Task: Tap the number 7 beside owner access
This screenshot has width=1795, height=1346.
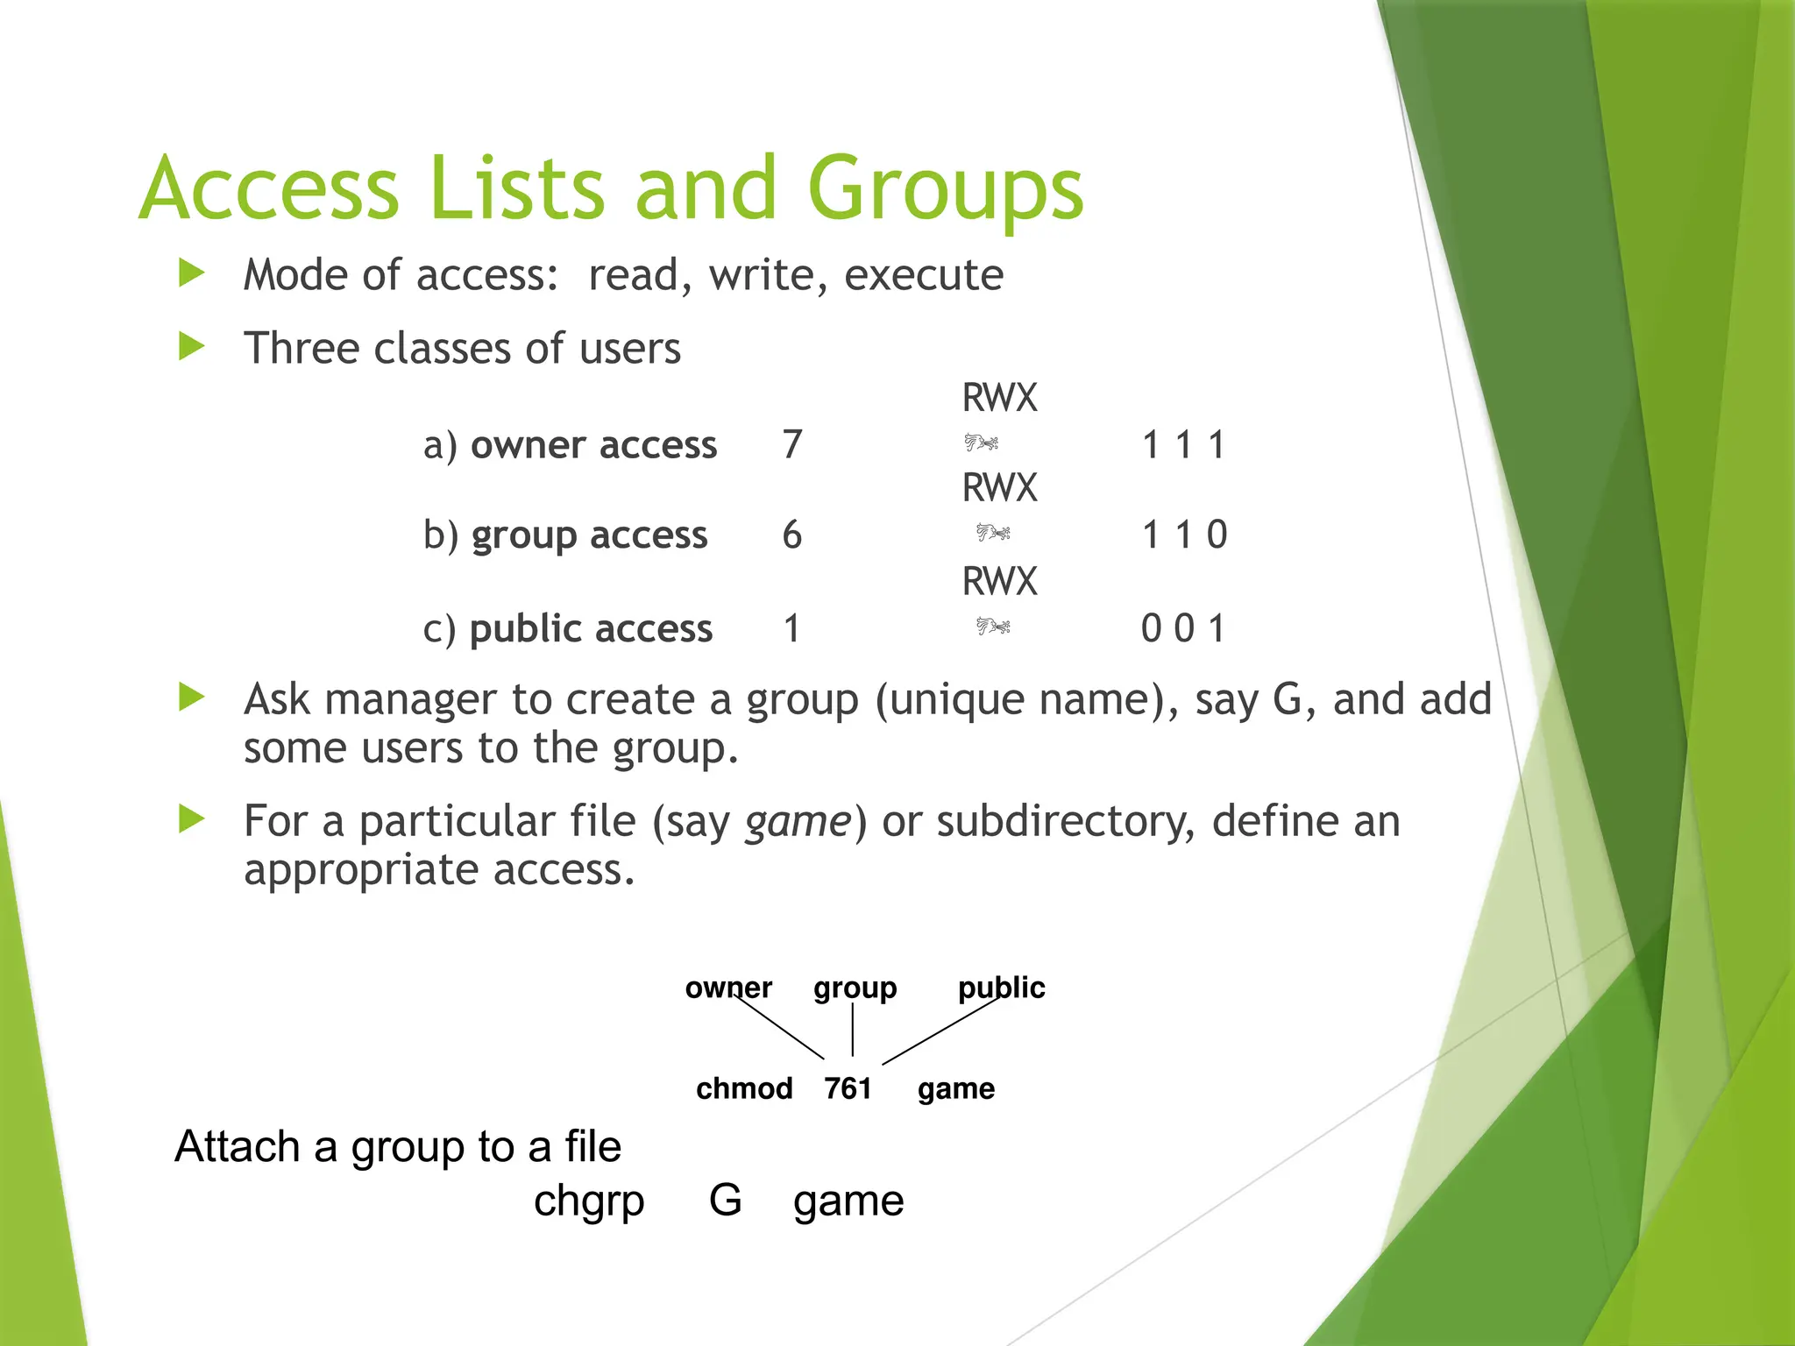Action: [792, 444]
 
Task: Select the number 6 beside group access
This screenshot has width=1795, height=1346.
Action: [792, 535]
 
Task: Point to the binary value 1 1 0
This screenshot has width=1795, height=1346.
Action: [1184, 535]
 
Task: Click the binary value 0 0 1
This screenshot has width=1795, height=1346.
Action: [1182, 628]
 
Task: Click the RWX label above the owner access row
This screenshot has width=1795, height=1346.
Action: [999, 398]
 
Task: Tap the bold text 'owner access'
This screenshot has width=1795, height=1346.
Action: [593, 445]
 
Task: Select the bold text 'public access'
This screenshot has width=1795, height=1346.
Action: [591, 629]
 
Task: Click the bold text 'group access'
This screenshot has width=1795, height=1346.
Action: [589, 535]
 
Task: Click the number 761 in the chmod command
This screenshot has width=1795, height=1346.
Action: [848, 1088]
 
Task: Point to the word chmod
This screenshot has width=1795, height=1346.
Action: [744, 1088]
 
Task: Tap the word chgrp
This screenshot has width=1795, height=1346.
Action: [589, 1201]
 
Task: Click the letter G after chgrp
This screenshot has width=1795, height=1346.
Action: [725, 1200]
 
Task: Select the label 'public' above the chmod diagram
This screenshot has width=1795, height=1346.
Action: [1001, 988]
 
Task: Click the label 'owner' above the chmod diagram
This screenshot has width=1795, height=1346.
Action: [728, 988]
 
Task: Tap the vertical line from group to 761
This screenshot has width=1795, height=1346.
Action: [852, 1030]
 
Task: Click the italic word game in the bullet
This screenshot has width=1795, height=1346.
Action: [798, 822]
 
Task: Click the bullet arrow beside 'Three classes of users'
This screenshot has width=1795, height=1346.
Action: [191, 346]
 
